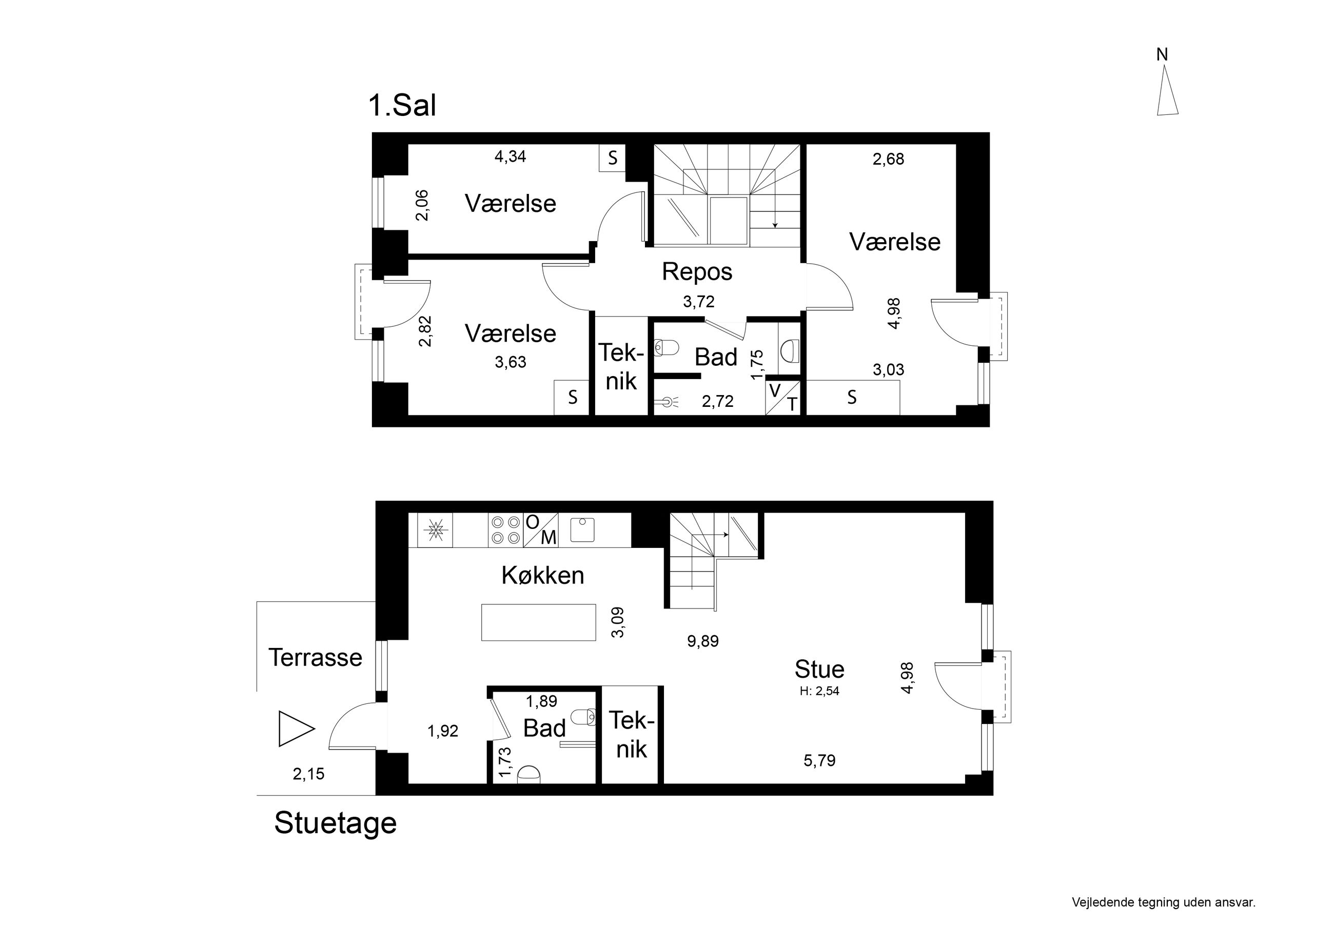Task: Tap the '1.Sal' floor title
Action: pyautogui.click(x=402, y=106)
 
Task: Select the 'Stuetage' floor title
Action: pyautogui.click(x=335, y=823)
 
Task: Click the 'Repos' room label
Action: pyautogui.click(x=697, y=272)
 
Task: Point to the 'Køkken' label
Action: pyautogui.click(x=543, y=575)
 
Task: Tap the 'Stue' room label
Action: pyautogui.click(x=819, y=670)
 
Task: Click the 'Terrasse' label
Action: pyautogui.click(x=315, y=658)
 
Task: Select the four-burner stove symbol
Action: pyautogui.click(x=505, y=530)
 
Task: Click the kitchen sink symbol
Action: pyautogui.click(x=582, y=529)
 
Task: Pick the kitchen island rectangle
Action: pyautogui.click(x=539, y=622)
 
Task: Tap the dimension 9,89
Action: pyautogui.click(x=703, y=641)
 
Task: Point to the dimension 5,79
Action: pyautogui.click(x=819, y=760)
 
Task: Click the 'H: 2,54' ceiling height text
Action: pyautogui.click(x=819, y=692)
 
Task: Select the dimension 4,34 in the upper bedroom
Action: pyautogui.click(x=510, y=157)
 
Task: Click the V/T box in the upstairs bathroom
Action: pyautogui.click(x=783, y=398)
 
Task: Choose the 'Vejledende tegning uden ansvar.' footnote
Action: pyautogui.click(x=1164, y=902)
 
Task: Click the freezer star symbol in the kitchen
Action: pyautogui.click(x=435, y=530)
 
